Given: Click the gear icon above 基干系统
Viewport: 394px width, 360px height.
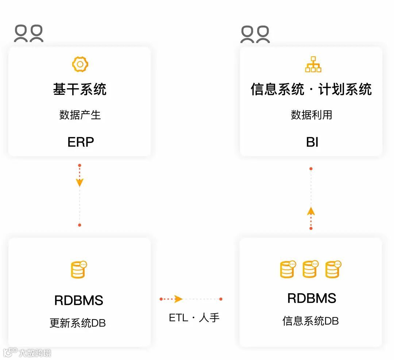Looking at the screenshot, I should tap(80, 65).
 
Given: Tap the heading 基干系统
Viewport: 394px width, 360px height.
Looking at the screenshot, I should tap(80, 89).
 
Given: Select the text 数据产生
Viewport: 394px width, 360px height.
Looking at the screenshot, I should tap(80, 115).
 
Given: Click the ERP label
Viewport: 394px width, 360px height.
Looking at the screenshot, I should tap(81, 142).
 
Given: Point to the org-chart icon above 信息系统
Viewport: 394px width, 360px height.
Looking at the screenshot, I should tap(313, 65).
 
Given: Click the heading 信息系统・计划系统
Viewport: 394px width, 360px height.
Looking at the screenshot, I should tap(311, 89).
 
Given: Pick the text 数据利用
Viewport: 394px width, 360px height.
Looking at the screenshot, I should tap(312, 115).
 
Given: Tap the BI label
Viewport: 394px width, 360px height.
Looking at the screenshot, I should tap(312, 142).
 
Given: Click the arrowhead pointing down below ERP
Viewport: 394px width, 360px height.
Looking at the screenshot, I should tap(80, 182).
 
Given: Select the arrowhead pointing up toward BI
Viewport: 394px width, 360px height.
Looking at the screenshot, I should tap(311, 211).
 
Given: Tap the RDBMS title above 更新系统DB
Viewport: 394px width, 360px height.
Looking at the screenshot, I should tap(79, 301).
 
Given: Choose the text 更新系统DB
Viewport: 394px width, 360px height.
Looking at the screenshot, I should tap(78, 323).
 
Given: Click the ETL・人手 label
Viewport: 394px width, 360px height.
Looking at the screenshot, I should tap(194, 318).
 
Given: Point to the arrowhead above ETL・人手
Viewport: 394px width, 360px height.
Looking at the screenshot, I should tap(178, 299).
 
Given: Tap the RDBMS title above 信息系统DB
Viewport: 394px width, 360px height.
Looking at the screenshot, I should tap(312, 298).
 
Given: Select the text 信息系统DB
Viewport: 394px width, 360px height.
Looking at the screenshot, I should tap(310, 321).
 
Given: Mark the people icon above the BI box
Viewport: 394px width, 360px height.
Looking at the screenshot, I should tap(255, 34).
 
